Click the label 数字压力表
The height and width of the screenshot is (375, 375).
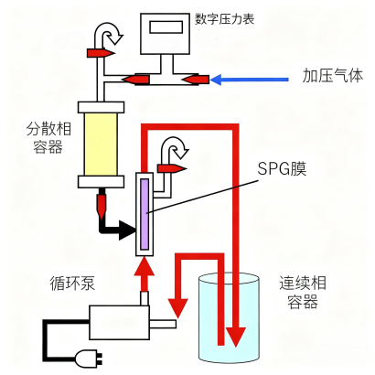[225, 19]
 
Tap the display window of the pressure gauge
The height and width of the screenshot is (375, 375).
[166, 27]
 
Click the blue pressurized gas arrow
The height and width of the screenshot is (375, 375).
[250, 80]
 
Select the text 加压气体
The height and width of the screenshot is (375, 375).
[333, 75]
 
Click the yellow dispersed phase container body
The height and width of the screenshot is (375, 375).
[101, 145]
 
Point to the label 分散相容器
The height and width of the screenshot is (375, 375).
[48, 138]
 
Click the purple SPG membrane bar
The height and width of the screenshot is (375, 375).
[145, 214]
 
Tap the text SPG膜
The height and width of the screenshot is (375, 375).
[282, 168]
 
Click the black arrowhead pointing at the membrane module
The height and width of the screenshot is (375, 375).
[127, 230]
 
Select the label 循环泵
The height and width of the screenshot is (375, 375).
[72, 284]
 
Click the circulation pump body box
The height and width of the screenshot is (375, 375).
[119, 323]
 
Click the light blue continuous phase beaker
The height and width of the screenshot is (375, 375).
[229, 317]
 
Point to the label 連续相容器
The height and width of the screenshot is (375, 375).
[303, 292]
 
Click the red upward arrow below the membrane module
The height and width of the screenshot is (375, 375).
[145, 274]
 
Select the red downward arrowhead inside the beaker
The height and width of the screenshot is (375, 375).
[235, 337]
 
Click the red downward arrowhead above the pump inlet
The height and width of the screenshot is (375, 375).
[178, 308]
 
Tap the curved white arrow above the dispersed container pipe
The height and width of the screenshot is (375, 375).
[108, 34]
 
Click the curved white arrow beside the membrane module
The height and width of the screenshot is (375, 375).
[174, 148]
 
